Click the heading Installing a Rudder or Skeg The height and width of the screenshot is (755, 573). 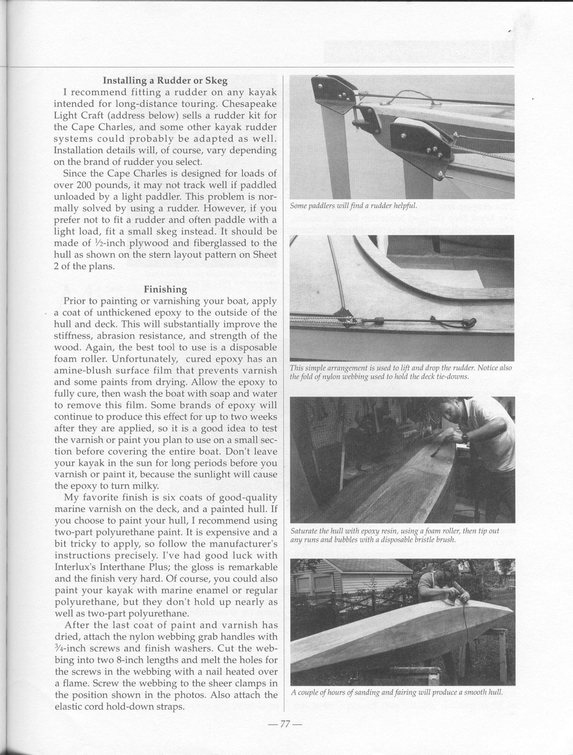[x=165, y=80]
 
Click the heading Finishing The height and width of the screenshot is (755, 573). [x=165, y=289]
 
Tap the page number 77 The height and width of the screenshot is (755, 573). [x=285, y=724]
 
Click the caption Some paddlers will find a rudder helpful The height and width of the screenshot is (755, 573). [x=353, y=205]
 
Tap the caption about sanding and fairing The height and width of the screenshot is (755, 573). [x=397, y=692]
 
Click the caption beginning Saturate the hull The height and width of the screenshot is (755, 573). [x=395, y=535]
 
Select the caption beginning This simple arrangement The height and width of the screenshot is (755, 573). [x=401, y=372]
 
